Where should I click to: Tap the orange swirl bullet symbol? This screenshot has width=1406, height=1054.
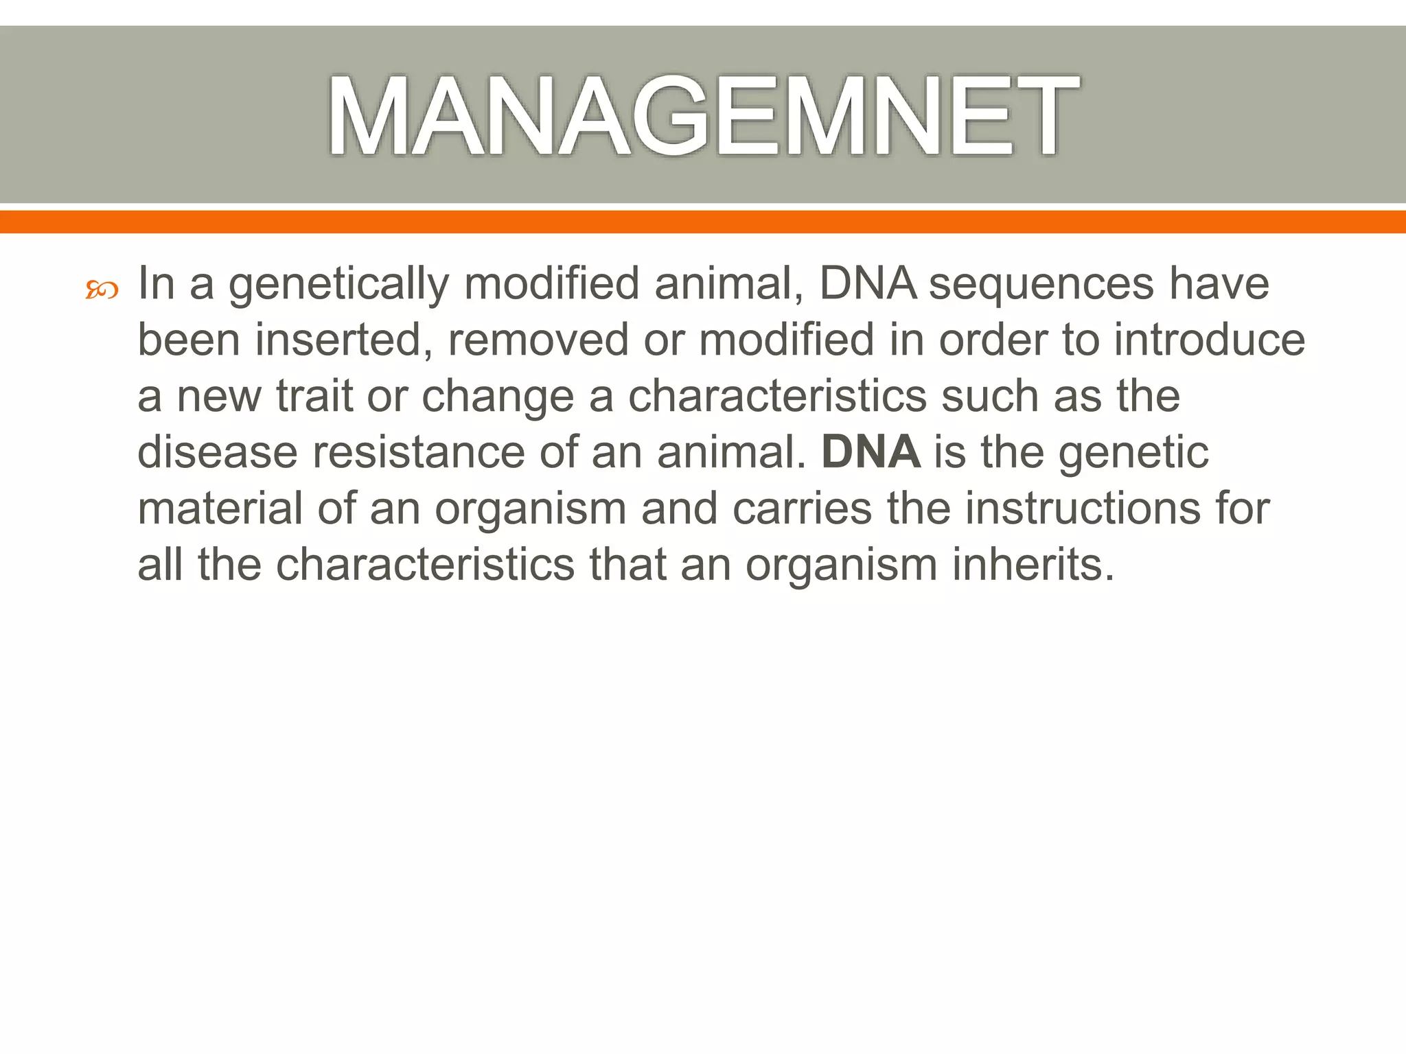[102, 291]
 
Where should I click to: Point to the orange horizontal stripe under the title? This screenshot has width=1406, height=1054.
[703, 222]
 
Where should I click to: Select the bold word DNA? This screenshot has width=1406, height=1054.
[871, 453]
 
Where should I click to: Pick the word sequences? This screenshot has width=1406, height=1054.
[1041, 284]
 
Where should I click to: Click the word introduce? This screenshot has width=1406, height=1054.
[1209, 340]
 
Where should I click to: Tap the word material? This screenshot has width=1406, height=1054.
[220, 509]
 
